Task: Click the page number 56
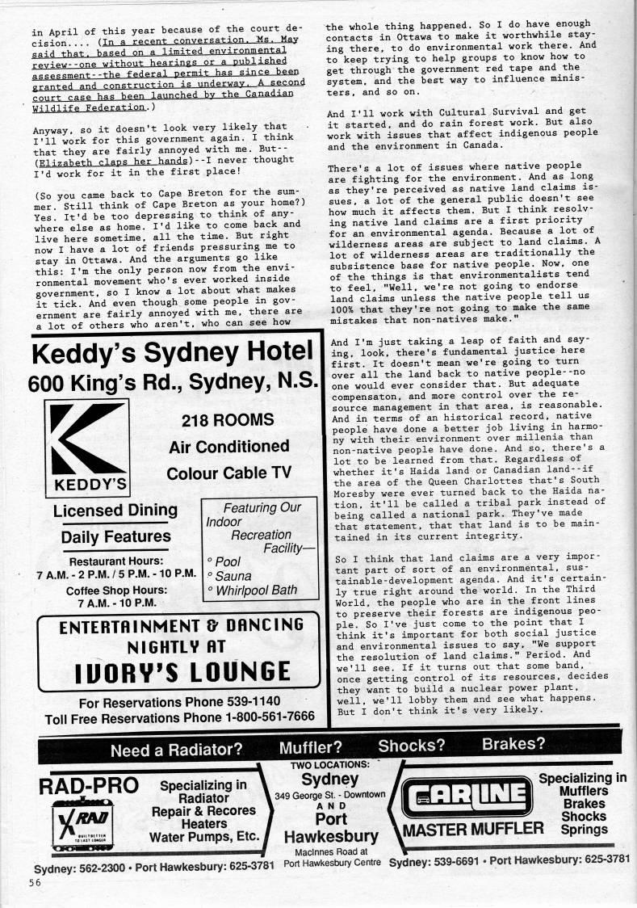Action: [26, 882]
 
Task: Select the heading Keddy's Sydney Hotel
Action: [172, 353]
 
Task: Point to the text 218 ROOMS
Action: [228, 420]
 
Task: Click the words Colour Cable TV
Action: [228, 473]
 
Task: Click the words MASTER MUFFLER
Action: [473, 829]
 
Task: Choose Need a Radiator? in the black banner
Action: [176, 749]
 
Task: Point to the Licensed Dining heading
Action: [115, 510]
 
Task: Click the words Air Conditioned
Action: [229, 447]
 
